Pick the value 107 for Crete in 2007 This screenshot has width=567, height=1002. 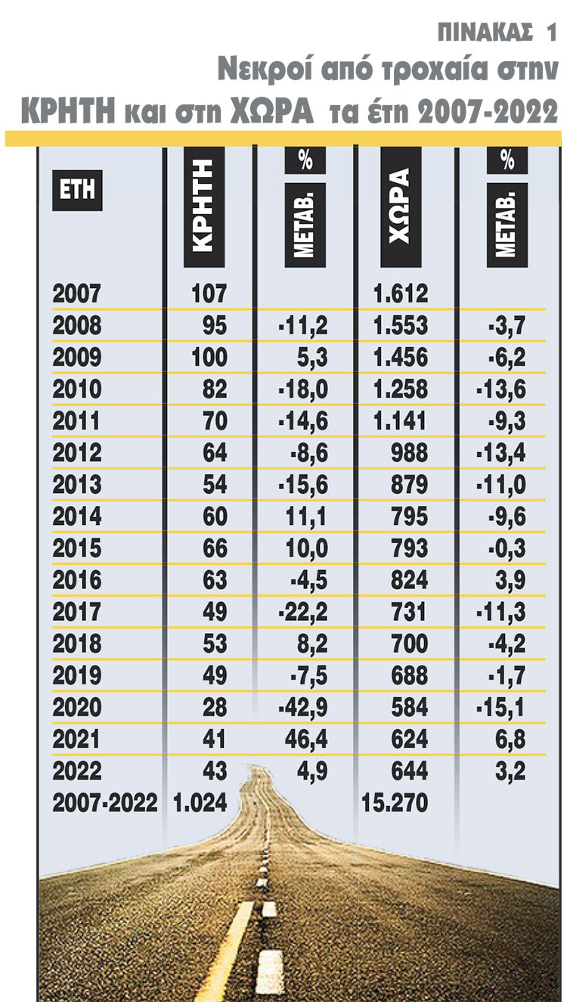pos(209,293)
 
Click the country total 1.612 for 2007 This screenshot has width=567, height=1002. pos(401,293)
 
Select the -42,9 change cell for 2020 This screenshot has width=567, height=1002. pos(302,708)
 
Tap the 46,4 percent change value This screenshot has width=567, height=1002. pos(305,740)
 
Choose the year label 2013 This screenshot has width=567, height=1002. pos(77,485)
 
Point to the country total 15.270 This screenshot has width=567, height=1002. pos(394,803)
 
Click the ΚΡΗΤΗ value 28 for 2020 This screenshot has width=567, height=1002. pos(215,708)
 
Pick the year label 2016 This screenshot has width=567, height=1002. pos(77,581)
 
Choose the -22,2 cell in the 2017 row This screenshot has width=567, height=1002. pos(302,613)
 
